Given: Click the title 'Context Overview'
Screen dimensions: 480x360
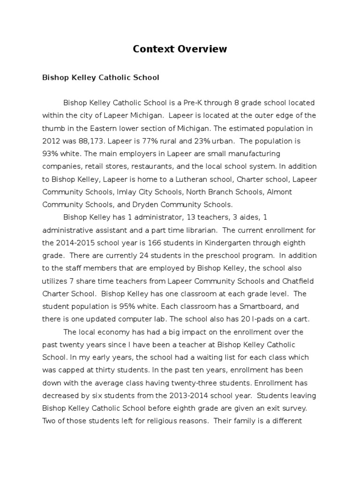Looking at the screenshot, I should tap(180, 49).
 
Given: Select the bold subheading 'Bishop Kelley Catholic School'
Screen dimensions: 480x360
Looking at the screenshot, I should tap(101, 77).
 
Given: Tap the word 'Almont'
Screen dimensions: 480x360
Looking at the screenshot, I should tap(279, 192).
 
